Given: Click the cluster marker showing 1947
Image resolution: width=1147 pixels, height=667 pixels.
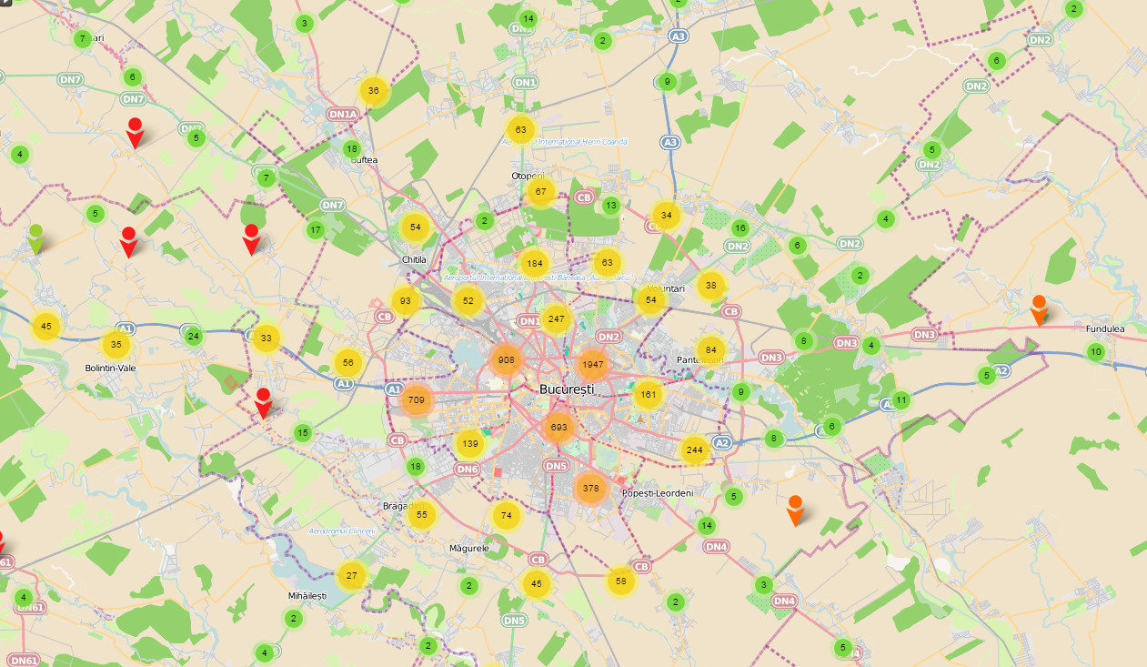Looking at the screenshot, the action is (591, 365).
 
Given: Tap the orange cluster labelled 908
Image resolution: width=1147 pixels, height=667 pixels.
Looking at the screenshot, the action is (507, 360).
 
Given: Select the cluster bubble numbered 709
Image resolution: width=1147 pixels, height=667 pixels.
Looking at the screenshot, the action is (417, 399).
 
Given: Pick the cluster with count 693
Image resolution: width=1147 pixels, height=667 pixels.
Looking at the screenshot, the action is (558, 427).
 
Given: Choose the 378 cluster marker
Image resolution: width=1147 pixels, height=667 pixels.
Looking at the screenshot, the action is (590, 488).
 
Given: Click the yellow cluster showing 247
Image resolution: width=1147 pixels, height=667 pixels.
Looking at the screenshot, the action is (556, 319).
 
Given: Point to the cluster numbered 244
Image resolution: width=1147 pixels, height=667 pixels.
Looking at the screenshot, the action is (695, 450).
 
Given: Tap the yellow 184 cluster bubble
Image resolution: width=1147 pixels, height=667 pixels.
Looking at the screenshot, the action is (534, 264).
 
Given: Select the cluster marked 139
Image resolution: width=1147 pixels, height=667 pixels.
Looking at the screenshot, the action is (469, 444).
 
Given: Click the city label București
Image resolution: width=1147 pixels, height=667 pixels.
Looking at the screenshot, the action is (567, 389).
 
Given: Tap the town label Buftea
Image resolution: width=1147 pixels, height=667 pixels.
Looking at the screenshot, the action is (364, 160).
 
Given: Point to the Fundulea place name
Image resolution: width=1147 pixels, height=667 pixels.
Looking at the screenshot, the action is (1105, 328).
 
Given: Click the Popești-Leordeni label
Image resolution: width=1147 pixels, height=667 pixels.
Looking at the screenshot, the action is (658, 493).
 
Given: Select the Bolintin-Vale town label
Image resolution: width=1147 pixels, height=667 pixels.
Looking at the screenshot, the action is (110, 368).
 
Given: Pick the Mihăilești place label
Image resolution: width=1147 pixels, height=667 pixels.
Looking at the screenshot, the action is (307, 595).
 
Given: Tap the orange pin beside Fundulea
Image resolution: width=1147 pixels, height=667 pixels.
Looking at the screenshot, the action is (1039, 309).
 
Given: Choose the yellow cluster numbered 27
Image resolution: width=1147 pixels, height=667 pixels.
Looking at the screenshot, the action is (351, 575).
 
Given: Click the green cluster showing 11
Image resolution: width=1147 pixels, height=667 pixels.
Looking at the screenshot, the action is (900, 399).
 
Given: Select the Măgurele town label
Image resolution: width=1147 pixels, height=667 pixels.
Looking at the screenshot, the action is (469, 549).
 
